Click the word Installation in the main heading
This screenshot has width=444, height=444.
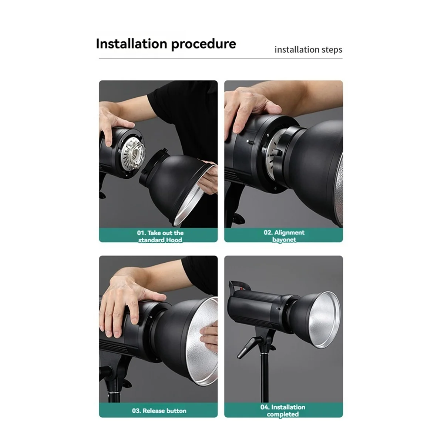tap(131, 44)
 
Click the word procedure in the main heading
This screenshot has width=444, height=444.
tap(203, 44)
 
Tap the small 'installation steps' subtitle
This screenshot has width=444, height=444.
tap(308, 50)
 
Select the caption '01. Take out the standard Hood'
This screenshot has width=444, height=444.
tap(160, 236)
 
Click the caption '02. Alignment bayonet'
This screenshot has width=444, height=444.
tap(284, 236)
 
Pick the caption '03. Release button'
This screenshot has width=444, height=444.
tap(159, 411)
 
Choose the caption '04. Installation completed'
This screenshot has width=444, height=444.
tap(283, 410)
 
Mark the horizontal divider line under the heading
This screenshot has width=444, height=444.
tap(221, 58)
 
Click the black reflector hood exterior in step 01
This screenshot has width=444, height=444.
tap(174, 174)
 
